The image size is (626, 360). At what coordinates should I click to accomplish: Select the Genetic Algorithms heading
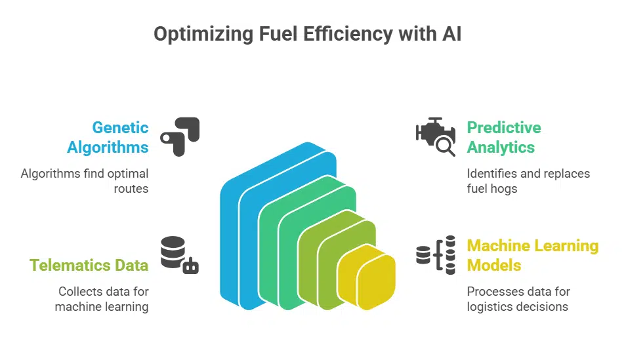[x=108, y=137]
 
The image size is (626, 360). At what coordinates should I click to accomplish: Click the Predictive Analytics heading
[x=503, y=137]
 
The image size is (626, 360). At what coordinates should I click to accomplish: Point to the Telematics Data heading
[x=89, y=265]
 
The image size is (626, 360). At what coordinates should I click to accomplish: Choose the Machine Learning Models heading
[x=532, y=255]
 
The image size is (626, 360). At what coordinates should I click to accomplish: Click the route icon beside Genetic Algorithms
[x=179, y=136]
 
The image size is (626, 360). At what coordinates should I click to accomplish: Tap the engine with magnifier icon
[x=436, y=136]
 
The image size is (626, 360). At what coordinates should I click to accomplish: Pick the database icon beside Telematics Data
[x=179, y=255]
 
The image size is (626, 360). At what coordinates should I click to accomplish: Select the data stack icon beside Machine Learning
[x=436, y=254]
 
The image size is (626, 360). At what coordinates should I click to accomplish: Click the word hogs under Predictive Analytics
[x=505, y=189]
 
